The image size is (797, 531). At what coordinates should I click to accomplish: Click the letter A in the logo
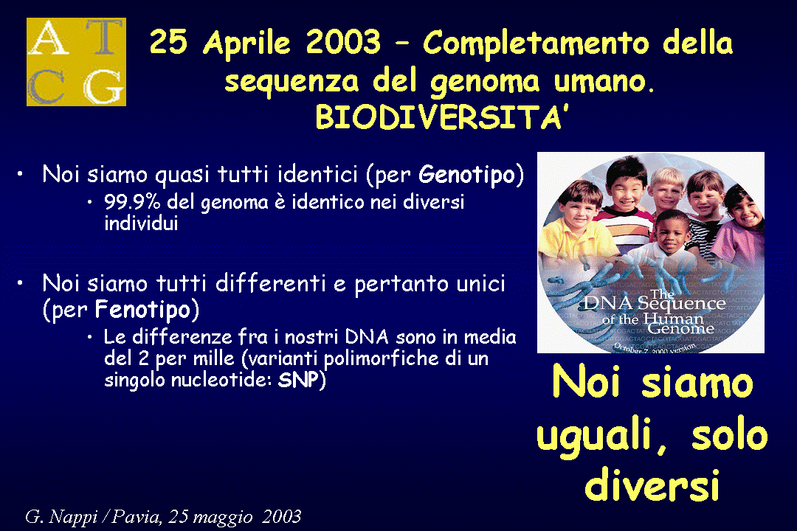click(x=49, y=38)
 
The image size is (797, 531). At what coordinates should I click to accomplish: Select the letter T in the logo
click(x=104, y=37)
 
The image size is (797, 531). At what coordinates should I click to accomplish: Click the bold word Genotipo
click(x=466, y=176)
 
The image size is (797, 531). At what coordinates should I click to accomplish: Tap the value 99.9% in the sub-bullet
click(x=132, y=202)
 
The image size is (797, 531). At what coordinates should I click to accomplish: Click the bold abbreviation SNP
click(x=298, y=380)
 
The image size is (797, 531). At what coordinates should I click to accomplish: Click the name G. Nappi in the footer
click(x=61, y=517)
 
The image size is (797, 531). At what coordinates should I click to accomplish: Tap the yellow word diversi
click(x=652, y=485)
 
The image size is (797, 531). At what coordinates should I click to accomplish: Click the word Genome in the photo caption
click(x=680, y=328)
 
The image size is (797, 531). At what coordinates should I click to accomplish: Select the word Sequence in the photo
click(x=681, y=303)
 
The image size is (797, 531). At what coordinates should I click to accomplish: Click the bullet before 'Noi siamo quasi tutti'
click(x=20, y=174)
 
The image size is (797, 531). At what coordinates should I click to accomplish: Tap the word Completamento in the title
click(x=536, y=43)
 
